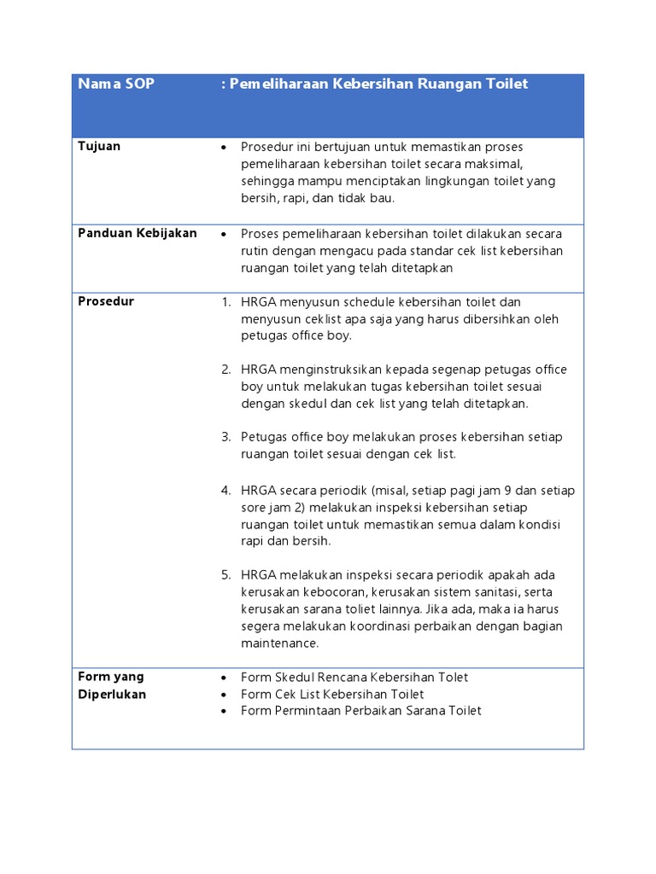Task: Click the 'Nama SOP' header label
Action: pyautogui.click(x=116, y=84)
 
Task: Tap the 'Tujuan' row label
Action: pyautogui.click(x=99, y=146)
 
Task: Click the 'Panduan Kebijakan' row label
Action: pyautogui.click(x=138, y=233)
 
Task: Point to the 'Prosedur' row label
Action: pyautogui.click(x=106, y=301)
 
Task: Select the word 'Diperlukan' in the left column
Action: pyautogui.click(x=112, y=694)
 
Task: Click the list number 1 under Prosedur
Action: pyautogui.click(x=225, y=302)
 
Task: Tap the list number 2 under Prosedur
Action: pyautogui.click(x=225, y=370)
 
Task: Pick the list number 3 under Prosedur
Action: pyautogui.click(x=225, y=437)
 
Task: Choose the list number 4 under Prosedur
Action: pyautogui.click(x=225, y=491)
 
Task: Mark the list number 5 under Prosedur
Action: pyautogui.click(x=225, y=575)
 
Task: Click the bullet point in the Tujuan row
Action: pyautogui.click(x=224, y=147)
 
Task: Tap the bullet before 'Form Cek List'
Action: pyautogui.click(x=224, y=694)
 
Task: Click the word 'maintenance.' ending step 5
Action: pyautogui.click(x=279, y=643)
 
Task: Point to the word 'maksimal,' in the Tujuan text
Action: pyautogui.click(x=495, y=164)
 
